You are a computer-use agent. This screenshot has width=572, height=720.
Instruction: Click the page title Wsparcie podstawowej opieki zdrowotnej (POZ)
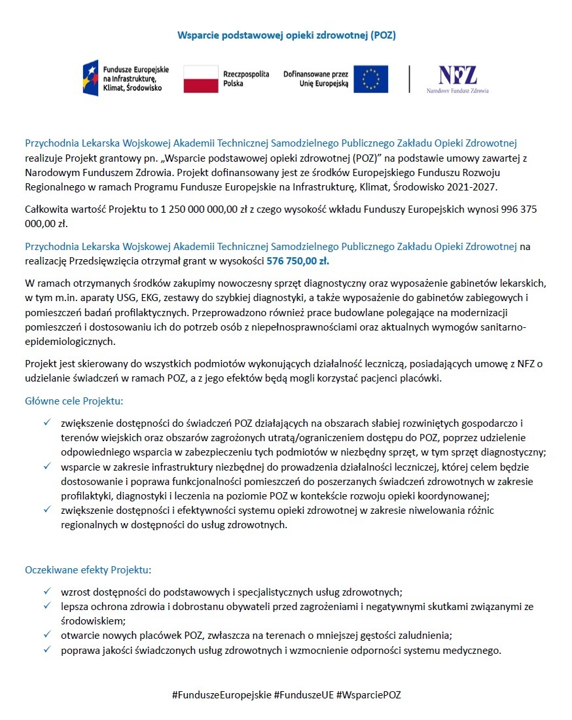pyautogui.click(x=287, y=35)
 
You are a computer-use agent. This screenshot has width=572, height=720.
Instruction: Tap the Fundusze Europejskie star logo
pyautogui.click(x=91, y=78)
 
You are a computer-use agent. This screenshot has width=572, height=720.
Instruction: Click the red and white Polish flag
pyautogui.click(x=200, y=79)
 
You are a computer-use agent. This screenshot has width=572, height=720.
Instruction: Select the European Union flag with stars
pyautogui.click(x=371, y=79)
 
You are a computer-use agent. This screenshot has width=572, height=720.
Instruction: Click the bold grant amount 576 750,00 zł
pyautogui.click(x=298, y=261)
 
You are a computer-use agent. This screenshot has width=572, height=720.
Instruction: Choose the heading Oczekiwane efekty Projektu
pyautogui.click(x=88, y=569)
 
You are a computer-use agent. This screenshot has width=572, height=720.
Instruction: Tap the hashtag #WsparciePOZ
pyautogui.click(x=368, y=694)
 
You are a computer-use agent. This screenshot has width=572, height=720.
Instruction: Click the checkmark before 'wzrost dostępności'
pyautogui.click(x=47, y=592)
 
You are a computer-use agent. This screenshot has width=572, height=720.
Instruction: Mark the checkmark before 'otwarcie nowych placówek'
pyautogui.click(x=47, y=635)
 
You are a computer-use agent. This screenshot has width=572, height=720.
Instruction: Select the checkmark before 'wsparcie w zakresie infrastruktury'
pyautogui.click(x=47, y=466)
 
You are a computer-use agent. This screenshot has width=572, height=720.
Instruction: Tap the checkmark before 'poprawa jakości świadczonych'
pyautogui.click(x=47, y=650)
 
